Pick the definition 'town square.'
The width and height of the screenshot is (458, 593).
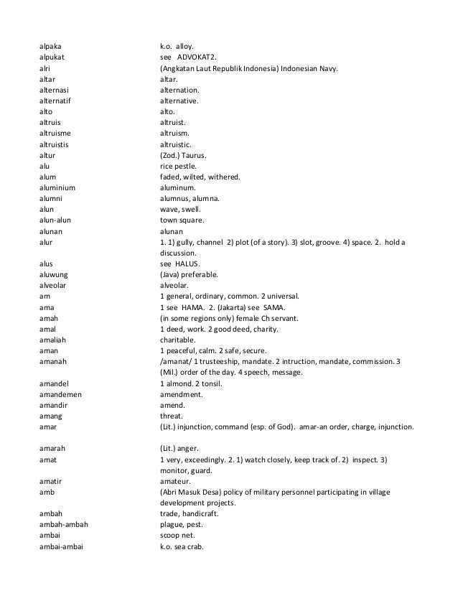point(182,220)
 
